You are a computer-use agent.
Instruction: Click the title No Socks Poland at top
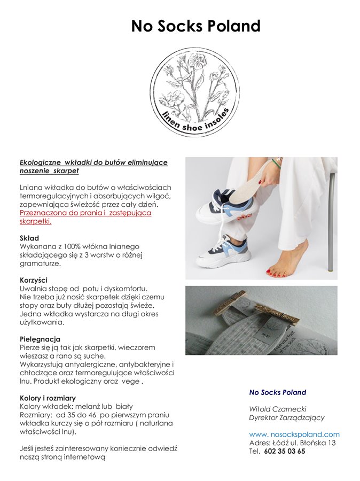point(196,26)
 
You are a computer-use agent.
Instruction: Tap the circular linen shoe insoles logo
point(195,92)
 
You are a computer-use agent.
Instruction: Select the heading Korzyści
point(34,280)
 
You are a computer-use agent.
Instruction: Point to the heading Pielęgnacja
point(40,339)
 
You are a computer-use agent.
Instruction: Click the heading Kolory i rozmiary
point(48,398)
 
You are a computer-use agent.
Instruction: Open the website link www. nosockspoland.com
point(294,435)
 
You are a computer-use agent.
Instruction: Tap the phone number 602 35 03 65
point(285,451)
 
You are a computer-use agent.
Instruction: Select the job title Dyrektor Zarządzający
point(287,417)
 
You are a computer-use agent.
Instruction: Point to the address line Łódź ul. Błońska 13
point(311,443)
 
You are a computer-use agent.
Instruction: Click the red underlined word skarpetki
point(35,221)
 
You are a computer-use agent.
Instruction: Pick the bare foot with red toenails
point(288,261)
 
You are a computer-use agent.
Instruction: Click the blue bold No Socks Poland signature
point(278,392)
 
